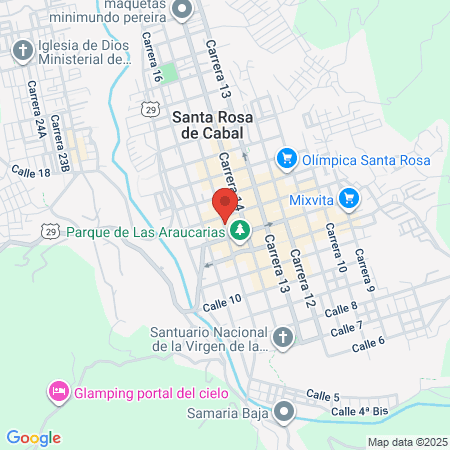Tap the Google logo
click(x=33, y=437)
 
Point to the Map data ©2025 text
click(x=407, y=442)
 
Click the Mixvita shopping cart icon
click(x=348, y=198)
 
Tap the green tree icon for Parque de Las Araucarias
click(x=240, y=232)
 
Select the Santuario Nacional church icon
click(x=284, y=338)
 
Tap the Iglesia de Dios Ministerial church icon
click(x=22, y=50)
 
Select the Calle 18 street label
click(x=30, y=172)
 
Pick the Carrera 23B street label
click(x=62, y=148)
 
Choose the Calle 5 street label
click(x=323, y=396)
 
